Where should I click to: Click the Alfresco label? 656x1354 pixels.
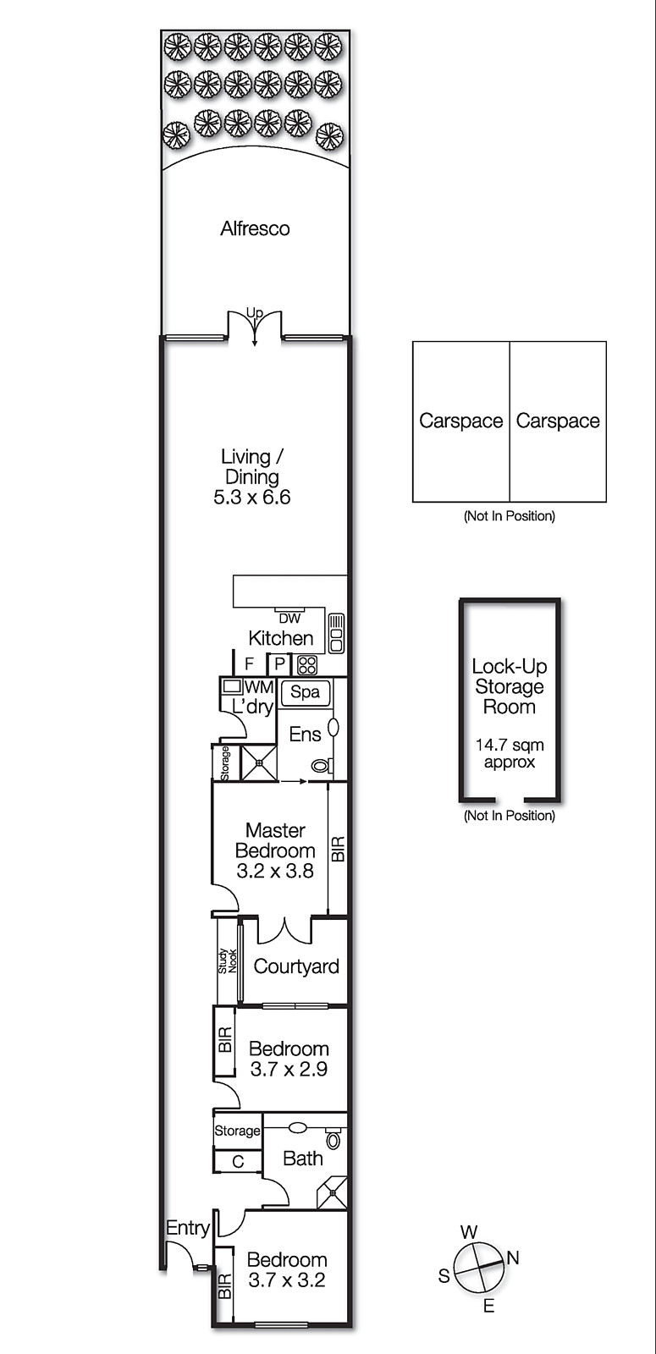tap(255, 228)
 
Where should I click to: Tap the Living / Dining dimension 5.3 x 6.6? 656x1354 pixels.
tap(252, 497)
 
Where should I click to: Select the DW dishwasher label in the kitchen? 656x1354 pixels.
tap(289, 619)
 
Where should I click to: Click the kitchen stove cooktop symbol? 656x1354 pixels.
tap(307, 665)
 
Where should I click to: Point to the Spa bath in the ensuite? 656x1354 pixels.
tap(306, 692)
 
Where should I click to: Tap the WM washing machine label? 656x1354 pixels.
tap(259, 687)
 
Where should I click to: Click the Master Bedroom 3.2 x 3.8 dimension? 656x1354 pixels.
tap(275, 871)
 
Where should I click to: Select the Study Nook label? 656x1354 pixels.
tap(228, 961)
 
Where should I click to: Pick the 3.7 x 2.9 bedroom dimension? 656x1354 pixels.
tap(289, 1069)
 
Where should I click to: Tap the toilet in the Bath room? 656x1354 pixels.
tap(334, 1138)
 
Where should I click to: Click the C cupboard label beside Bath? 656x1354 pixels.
tap(238, 1161)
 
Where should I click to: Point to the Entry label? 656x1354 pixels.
tap(188, 1228)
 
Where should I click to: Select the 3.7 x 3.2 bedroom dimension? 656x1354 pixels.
tap(287, 1280)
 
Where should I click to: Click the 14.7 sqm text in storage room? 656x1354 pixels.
tap(510, 746)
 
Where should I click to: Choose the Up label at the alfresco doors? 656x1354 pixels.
tap(255, 313)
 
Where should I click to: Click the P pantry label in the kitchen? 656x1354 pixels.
tap(279, 665)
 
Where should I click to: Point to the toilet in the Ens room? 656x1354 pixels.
tap(322, 766)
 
